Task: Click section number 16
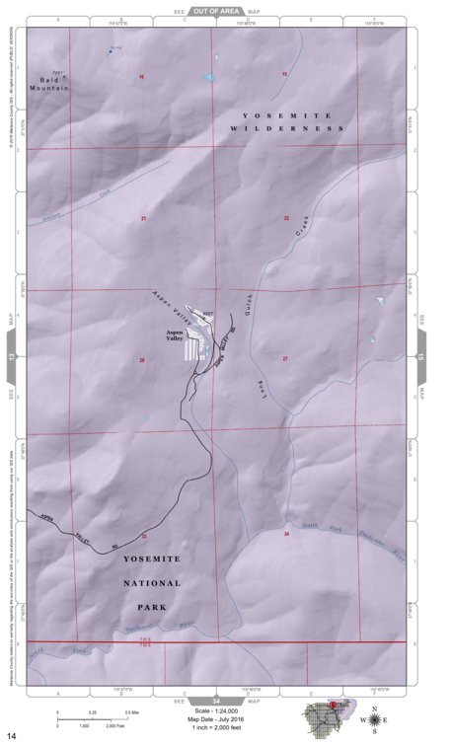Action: (141, 76)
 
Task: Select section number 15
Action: (284, 75)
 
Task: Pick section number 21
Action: (143, 217)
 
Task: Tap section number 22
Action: (286, 217)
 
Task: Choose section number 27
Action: (285, 359)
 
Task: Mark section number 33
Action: (144, 536)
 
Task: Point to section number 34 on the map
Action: (286, 533)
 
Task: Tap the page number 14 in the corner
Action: (12, 735)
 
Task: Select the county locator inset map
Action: (327, 717)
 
